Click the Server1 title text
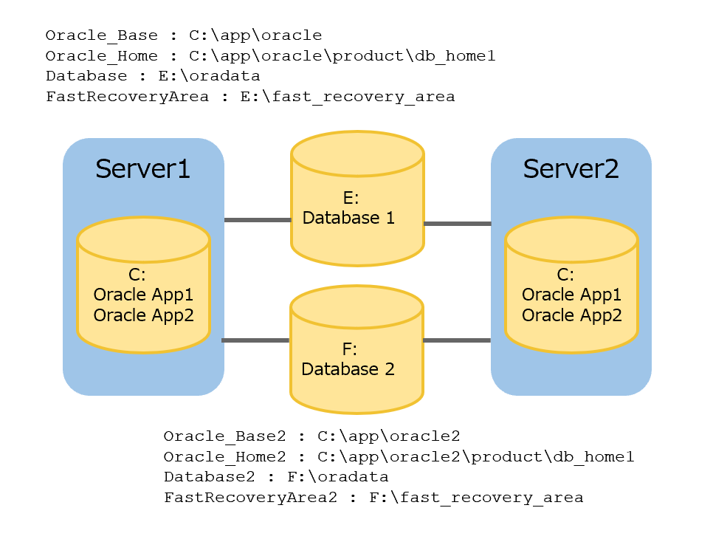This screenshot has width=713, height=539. [x=142, y=168]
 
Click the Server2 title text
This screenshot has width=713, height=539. [x=571, y=168]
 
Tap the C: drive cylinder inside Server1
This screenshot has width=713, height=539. [x=143, y=295]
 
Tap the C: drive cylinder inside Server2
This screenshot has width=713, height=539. [x=571, y=295]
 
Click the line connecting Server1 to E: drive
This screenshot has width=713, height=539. [x=257, y=220]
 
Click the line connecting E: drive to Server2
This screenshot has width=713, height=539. [x=457, y=224]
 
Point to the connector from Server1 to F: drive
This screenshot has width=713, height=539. [x=255, y=340]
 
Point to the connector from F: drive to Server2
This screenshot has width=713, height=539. [x=457, y=340]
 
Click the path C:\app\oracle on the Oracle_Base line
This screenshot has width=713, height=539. [x=255, y=35]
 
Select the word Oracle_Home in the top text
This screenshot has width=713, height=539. [x=101, y=55]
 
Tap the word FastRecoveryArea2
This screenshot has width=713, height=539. [x=250, y=498]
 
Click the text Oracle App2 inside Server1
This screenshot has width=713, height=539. [x=143, y=315]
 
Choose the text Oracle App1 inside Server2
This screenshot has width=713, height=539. [x=571, y=295]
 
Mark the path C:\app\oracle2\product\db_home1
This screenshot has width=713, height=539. [x=476, y=457]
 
